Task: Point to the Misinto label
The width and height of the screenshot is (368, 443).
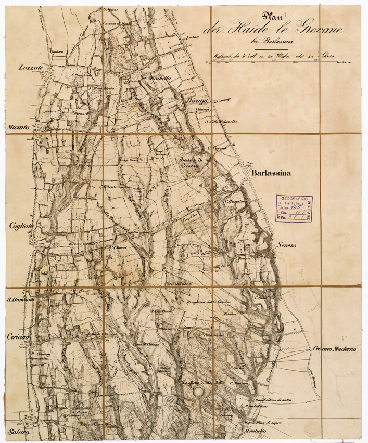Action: pyautogui.click(x=17, y=127)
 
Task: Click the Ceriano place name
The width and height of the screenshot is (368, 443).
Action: pyautogui.click(x=18, y=337)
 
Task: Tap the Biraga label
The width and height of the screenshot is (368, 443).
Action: pyautogui.click(x=193, y=102)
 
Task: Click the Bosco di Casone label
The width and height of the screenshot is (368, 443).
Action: pyautogui.click(x=191, y=162)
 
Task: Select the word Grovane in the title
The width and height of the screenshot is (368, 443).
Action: pyautogui.click(x=312, y=32)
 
